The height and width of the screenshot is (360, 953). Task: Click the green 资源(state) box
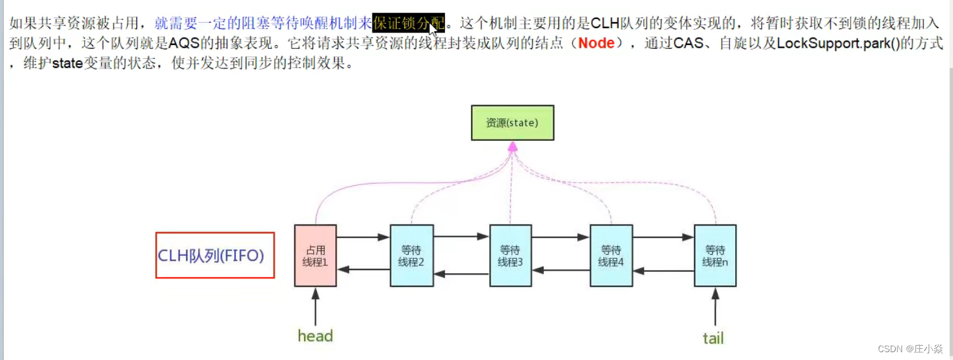[x=512, y=123]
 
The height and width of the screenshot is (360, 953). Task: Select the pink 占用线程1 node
[x=315, y=256]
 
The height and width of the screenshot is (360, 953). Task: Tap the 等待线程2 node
[x=412, y=256]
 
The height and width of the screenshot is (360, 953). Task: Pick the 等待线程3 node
[x=511, y=256]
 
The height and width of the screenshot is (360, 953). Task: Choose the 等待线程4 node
[x=611, y=256]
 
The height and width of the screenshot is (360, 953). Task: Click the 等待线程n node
[x=715, y=256]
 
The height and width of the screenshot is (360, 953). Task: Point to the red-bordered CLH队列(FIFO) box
[x=215, y=255]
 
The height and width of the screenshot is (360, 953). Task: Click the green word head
[x=315, y=336]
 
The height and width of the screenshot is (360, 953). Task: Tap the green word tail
[x=713, y=338]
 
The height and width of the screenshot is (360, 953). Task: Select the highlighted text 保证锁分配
[x=408, y=24]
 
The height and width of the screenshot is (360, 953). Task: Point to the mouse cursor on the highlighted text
[x=432, y=29]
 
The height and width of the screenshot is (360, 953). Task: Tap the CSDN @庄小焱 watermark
[x=910, y=349]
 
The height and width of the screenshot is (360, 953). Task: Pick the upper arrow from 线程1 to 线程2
[x=363, y=237]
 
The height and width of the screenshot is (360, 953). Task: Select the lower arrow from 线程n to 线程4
[x=663, y=270]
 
